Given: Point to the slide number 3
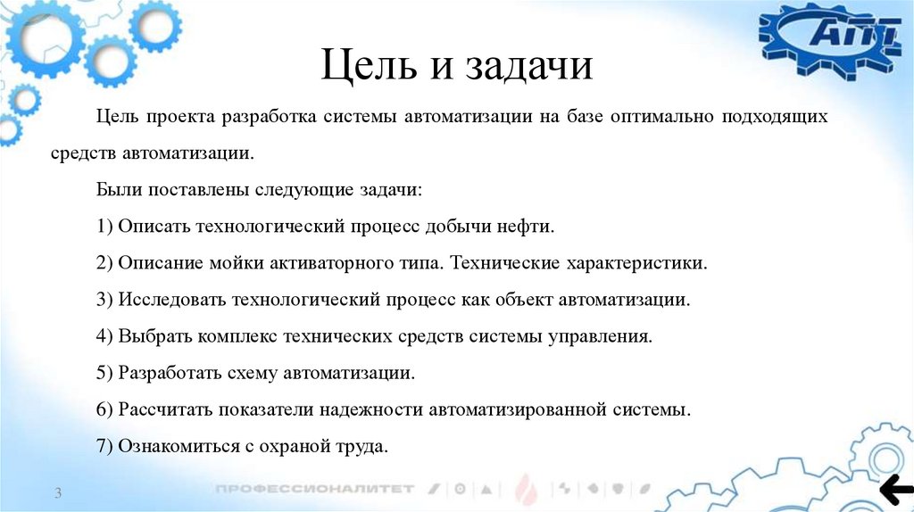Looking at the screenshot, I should click(57, 494).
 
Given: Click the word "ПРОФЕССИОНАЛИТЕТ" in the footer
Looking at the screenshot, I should click(314, 489).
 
